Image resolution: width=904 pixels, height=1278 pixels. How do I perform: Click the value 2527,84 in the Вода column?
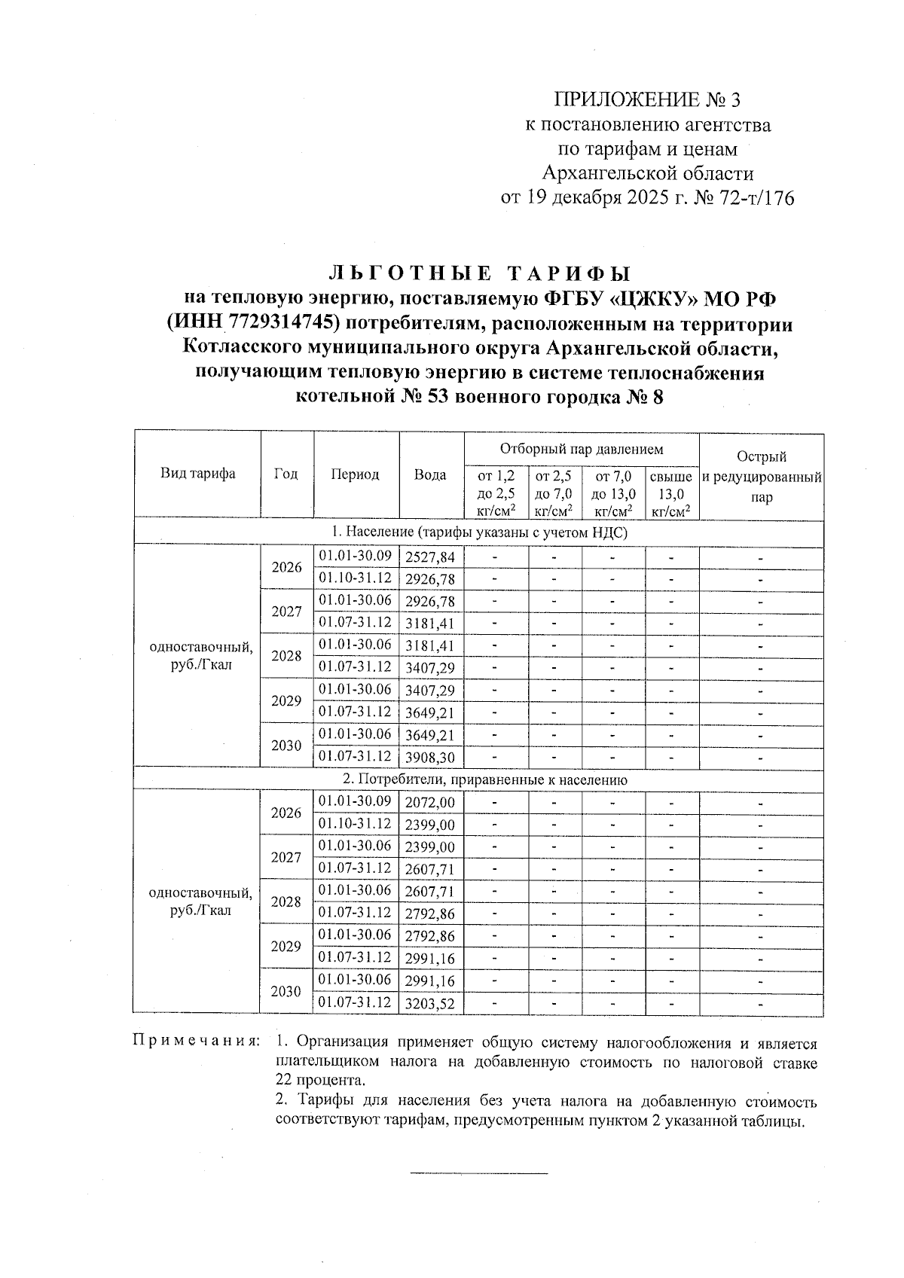(x=430, y=557)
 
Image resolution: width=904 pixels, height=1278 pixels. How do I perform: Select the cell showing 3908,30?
(x=430, y=758)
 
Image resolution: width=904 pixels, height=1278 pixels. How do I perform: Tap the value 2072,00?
(x=430, y=804)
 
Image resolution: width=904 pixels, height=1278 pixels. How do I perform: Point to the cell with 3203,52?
(x=430, y=1004)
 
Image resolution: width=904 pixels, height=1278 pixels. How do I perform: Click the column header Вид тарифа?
(x=197, y=474)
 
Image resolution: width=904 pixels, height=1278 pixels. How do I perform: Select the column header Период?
(x=355, y=474)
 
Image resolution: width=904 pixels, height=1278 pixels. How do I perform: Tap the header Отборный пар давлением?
(x=582, y=450)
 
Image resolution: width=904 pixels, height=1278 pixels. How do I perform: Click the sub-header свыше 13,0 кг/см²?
(x=671, y=494)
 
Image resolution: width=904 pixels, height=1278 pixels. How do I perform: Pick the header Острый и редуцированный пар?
(x=761, y=477)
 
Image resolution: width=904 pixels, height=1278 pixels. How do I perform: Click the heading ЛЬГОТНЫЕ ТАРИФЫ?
(x=480, y=273)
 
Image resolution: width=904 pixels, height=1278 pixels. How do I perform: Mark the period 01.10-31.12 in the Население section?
(x=355, y=578)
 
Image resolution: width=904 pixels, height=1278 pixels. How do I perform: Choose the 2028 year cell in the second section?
(x=286, y=902)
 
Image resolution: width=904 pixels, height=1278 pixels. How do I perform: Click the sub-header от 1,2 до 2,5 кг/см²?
(x=496, y=494)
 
